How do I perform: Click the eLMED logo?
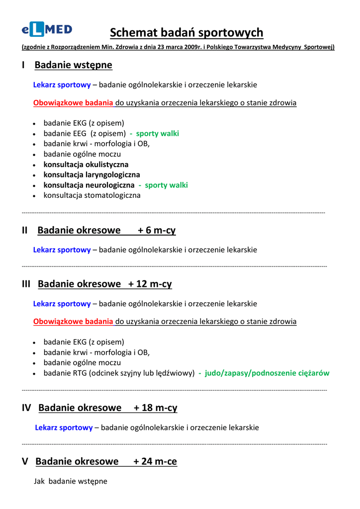click(47, 30)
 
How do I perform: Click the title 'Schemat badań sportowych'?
click(186, 33)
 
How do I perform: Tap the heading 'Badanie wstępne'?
click(73, 65)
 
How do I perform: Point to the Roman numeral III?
click(26, 284)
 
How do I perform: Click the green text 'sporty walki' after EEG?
click(157, 134)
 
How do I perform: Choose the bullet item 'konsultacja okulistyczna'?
click(86, 165)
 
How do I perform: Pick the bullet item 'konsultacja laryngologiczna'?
click(91, 175)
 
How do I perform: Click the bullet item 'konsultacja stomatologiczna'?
click(92, 195)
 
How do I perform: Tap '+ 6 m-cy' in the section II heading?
click(157, 231)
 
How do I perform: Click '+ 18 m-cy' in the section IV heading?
click(155, 408)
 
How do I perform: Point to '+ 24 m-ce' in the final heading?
click(155, 462)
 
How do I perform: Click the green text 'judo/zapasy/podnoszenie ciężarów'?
click(267, 373)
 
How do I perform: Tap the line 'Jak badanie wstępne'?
click(71, 481)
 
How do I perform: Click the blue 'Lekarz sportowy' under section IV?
click(64, 427)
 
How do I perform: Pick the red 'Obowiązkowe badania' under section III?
click(73, 322)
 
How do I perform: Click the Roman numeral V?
click(25, 462)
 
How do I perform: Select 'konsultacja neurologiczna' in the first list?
click(89, 185)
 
